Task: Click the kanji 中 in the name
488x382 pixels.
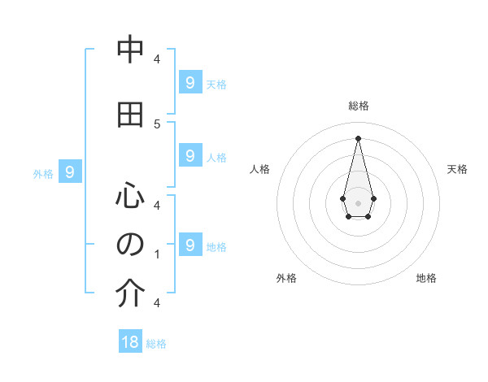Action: [130, 50]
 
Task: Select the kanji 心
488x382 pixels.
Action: [130, 196]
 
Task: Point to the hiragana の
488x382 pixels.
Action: [130, 245]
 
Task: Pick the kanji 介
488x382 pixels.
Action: [130, 293]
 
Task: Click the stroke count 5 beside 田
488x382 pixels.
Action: [157, 124]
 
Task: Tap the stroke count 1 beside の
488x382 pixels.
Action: [157, 254]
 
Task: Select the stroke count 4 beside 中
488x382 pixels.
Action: [157, 59]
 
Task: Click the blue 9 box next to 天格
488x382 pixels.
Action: [190, 82]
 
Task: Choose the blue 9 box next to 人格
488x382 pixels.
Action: [190, 155]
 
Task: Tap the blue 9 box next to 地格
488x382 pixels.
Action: [190, 245]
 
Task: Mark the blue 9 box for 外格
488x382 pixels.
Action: [71, 171]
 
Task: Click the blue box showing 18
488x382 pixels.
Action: [130, 342]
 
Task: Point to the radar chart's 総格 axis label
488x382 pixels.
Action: [359, 106]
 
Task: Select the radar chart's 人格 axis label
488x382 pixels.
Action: [259, 169]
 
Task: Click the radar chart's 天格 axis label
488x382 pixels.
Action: [457, 169]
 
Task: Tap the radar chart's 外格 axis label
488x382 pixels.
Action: [286, 278]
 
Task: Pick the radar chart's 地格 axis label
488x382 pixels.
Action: [426, 278]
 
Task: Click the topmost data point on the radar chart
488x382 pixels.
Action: [358, 138]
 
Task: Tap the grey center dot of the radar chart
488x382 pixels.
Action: [358, 202]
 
